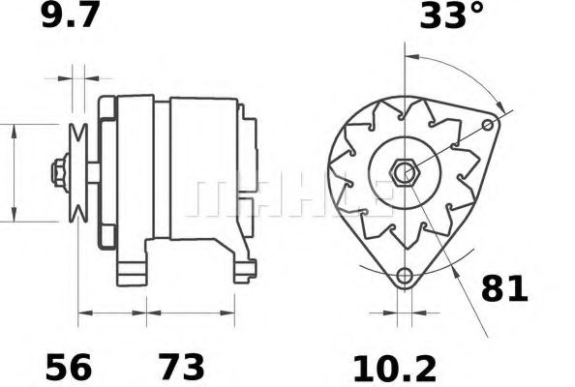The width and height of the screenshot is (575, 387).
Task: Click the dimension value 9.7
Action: (x=71, y=15)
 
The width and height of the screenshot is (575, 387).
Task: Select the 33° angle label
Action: (x=451, y=15)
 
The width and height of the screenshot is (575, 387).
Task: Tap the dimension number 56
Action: (x=68, y=367)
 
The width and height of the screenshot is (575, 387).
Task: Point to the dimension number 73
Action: (x=181, y=367)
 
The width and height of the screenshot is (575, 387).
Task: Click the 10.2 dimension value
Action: (x=395, y=368)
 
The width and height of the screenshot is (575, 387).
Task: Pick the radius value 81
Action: (x=504, y=288)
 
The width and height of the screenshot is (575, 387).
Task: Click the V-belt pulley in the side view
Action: (x=78, y=173)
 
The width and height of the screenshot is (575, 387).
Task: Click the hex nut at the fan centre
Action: (x=405, y=172)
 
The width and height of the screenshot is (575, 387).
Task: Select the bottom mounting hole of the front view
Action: (x=405, y=276)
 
